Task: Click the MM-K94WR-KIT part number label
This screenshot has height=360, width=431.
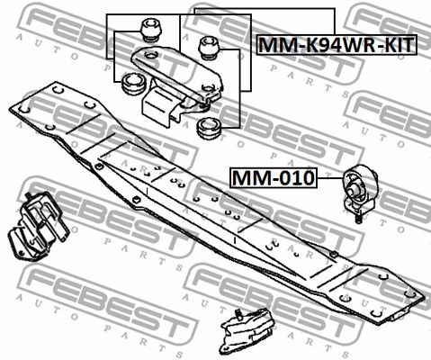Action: click(337, 45)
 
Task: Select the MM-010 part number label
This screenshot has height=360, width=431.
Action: click(274, 177)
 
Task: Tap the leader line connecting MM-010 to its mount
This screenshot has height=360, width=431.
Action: click(330, 178)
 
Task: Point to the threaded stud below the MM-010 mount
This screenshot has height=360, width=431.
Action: click(358, 219)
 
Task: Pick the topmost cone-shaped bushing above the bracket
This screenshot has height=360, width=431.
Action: click(152, 31)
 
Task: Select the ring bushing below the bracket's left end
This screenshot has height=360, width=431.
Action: click(133, 84)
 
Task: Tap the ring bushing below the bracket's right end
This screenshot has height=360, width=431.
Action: click(209, 129)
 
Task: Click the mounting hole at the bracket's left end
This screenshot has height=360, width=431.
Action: click(151, 55)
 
